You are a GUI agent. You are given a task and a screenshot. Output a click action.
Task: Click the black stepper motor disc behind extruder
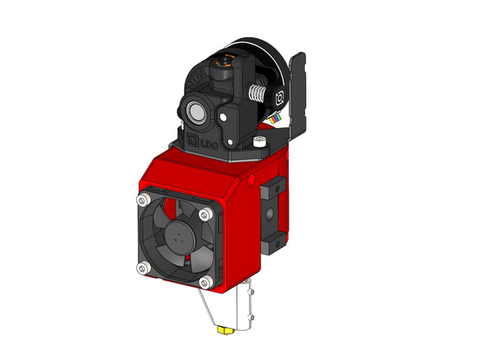pyautogui.click(x=259, y=58)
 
